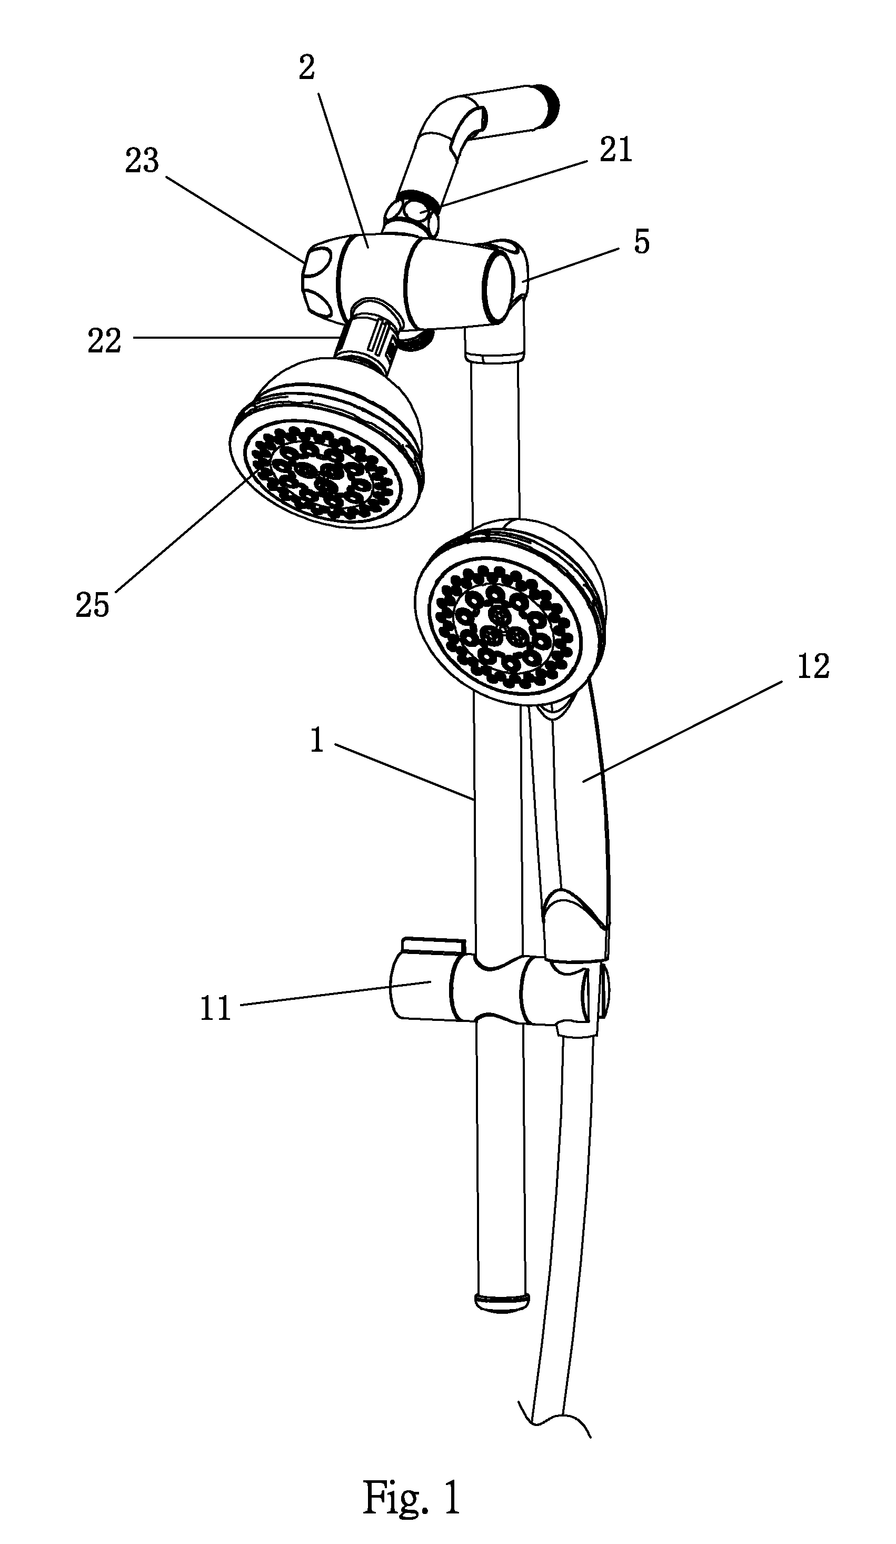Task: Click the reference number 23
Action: (142, 162)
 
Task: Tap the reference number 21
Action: (615, 150)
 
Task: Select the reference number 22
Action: (104, 341)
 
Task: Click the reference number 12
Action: (813, 666)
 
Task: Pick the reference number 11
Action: (216, 1008)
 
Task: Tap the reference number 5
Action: (641, 243)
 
